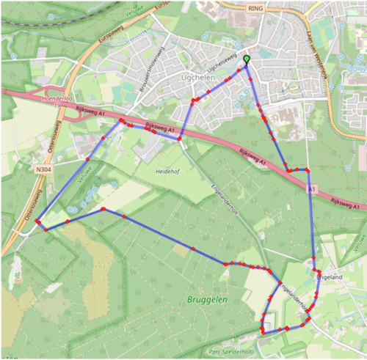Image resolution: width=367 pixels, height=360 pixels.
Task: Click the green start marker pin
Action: pyautogui.click(x=246, y=58)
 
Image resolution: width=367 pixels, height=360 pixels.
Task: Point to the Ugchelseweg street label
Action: pyautogui.click(x=223, y=68)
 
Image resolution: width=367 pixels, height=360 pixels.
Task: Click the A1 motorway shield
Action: pyautogui.click(x=313, y=189)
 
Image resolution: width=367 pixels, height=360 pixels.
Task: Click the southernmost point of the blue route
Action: pyautogui.click(x=263, y=332)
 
